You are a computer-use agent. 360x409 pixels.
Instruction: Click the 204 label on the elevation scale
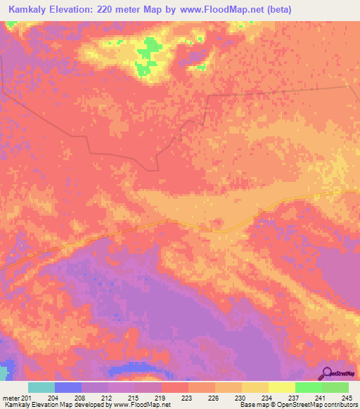(52, 397)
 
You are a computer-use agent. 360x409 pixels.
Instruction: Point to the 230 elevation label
(239, 397)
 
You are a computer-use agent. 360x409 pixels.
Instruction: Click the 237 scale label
(292, 397)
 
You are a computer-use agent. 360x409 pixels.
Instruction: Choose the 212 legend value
(105, 397)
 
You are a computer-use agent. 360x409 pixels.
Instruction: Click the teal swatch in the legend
(41, 387)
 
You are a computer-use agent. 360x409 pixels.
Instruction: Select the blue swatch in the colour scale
(68, 387)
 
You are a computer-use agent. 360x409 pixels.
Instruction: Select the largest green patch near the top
(148, 55)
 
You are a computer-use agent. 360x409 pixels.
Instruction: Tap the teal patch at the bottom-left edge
(5, 372)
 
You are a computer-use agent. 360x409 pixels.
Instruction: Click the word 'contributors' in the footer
(339, 405)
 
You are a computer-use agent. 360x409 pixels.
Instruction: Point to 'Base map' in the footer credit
(253, 405)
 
